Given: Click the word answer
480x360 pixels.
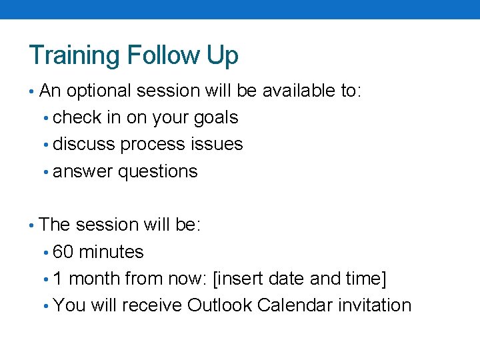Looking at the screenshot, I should [83, 172].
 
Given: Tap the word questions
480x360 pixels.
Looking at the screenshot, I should [158, 172].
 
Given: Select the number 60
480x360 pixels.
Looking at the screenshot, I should [63, 252].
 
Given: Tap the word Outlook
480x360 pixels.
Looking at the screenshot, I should [219, 305].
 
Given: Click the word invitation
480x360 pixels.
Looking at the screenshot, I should [375, 305].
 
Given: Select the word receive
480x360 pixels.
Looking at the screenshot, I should [152, 305].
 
